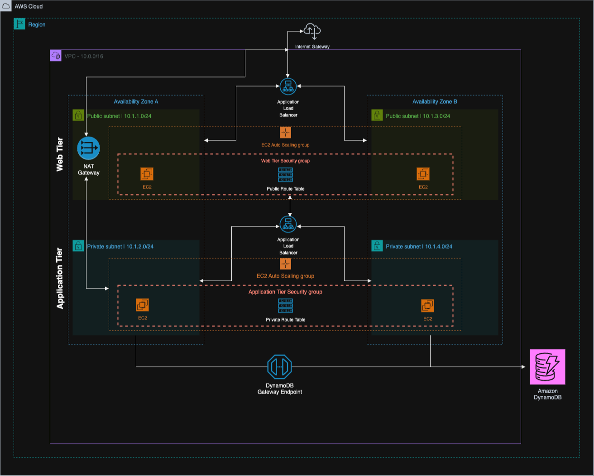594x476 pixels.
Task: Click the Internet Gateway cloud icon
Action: (x=312, y=31)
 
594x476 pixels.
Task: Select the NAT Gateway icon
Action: (x=88, y=148)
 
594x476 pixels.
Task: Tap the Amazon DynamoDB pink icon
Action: (x=547, y=366)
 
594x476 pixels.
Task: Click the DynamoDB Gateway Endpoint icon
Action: (x=279, y=366)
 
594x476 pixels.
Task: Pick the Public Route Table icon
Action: (x=285, y=175)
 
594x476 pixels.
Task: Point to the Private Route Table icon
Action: (x=285, y=306)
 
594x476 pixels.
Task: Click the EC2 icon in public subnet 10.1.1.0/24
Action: (x=147, y=174)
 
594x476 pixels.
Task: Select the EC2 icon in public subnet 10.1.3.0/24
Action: (x=423, y=174)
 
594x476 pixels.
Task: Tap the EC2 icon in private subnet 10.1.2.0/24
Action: (x=142, y=305)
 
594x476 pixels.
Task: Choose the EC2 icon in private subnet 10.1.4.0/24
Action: (x=427, y=306)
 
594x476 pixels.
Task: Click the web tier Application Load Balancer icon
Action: (x=288, y=87)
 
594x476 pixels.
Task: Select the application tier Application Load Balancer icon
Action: (x=288, y=224)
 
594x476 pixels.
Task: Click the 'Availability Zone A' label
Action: (x=136, y=102)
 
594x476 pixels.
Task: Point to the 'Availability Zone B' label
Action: (x=435, y=102)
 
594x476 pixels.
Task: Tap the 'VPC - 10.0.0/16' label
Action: (x=84, y=57)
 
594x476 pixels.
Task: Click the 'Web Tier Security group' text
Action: (x=285, y=161)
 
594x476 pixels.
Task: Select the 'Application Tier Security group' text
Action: (x=285, y=292)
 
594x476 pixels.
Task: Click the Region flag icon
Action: (x=19, y=24)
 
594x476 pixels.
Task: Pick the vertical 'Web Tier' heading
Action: (x=60, y=154)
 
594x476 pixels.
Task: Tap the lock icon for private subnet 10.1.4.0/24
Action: (x=377, y=246)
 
